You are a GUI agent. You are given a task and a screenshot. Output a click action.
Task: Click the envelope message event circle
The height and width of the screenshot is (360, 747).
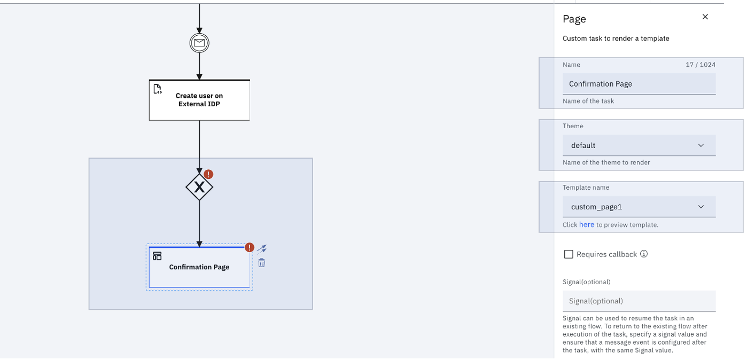(199, 43)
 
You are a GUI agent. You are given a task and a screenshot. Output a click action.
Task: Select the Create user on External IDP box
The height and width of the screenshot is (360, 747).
(199, 100)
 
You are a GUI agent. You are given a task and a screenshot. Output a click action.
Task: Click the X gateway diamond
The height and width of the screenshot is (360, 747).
(199, 187)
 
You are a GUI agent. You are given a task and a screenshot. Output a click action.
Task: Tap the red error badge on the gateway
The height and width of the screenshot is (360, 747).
(208, 174)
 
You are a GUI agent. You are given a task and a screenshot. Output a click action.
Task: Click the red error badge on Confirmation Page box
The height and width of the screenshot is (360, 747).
(250, 247)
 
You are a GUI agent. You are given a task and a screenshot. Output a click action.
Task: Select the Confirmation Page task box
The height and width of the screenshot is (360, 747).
(199, 270)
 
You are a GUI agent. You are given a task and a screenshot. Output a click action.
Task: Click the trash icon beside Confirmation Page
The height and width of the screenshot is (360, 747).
(262, 263)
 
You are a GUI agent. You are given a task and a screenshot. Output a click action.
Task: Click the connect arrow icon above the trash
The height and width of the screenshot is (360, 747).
(262, 249)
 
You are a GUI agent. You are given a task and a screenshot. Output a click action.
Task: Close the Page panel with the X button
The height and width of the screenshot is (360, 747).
(705, 17)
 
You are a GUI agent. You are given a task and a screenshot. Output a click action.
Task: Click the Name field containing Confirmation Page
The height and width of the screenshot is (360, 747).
(639, 84)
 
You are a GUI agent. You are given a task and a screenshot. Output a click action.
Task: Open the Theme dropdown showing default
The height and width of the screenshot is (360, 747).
(639, 145)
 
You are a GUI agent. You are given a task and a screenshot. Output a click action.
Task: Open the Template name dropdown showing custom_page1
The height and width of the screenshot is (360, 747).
(639, 207)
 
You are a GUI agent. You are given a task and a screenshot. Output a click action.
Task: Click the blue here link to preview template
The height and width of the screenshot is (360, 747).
(586, 225)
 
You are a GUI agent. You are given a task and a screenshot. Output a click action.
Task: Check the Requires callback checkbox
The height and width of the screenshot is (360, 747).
(569, 254)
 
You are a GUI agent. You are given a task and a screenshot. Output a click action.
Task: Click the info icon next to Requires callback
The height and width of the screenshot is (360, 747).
(644, 254)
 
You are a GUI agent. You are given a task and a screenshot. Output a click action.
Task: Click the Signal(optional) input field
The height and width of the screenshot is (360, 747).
(639, 301)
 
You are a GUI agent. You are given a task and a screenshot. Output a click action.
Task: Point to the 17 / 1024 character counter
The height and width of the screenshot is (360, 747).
(701, 65)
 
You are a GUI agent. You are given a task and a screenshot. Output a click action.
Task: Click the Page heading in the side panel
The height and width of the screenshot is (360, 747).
(574, 19)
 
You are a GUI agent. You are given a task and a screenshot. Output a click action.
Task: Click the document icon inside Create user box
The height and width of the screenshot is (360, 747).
(158, 89)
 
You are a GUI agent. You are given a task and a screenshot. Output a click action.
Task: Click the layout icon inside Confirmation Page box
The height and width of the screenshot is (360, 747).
(157, 256)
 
